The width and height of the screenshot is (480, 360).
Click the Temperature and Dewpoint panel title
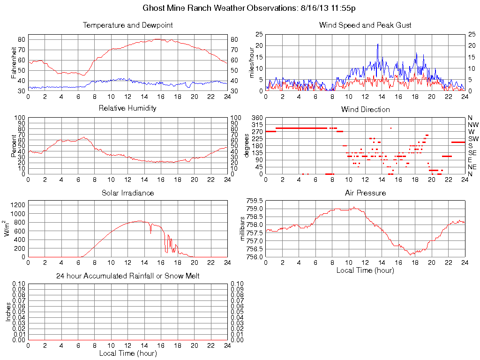(x=127, y=25)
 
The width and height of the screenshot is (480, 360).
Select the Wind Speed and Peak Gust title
(x=365, y=25)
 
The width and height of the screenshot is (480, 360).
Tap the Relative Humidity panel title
(x=127, y=108)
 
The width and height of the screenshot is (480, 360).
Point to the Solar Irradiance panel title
(x=127, y=193)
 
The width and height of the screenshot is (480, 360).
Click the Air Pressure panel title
(x=365, y=193)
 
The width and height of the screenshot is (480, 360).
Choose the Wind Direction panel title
(x=365, y=109)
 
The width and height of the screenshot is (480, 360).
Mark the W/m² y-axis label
(x=8, y=229)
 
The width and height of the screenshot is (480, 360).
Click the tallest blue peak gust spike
(x=378, y=45)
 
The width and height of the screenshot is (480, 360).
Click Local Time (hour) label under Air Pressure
(x=365, y=270)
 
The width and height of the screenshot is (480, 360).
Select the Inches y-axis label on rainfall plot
(x=8, y=312)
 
